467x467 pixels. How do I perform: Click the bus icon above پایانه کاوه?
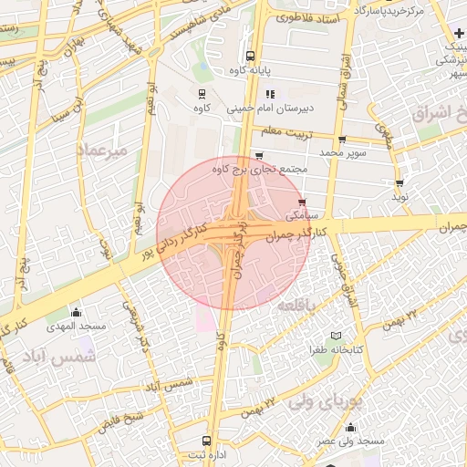[251, 55]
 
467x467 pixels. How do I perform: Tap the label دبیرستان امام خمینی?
[282, 109]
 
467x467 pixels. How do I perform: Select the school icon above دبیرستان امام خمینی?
[270, 94]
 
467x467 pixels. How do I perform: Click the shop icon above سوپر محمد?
[342, 140]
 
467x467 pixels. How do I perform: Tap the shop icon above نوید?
[400, 182]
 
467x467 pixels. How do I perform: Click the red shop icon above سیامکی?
[302, 202]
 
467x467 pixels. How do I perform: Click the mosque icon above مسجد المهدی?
[76, 312]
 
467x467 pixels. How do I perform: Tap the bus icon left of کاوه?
[202, 93]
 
